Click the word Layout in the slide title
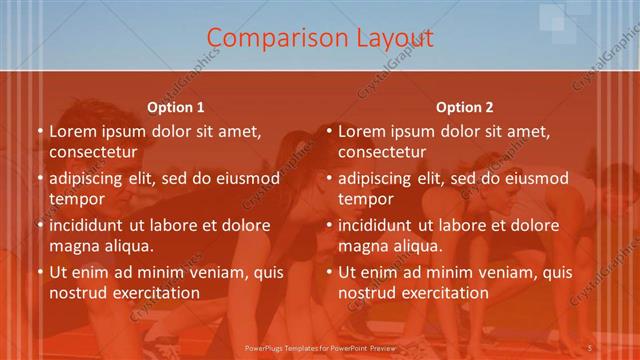point(395,38)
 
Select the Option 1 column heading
point(175,107)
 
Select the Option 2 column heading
point(464,107)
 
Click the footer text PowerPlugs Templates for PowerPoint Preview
point(319,348)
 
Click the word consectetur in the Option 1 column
point(92,152)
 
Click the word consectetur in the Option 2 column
point(381,152)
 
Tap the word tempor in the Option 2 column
point(364,199)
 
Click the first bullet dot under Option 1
point(40,132)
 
